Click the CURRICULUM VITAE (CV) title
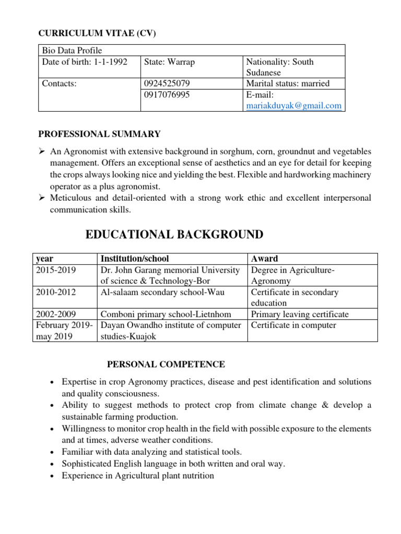tap(98, 33)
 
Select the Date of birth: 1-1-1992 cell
tap(84, 62)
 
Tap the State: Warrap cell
tap(169, 62)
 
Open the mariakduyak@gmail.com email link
tap(293, 105)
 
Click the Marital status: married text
tap(288, 83)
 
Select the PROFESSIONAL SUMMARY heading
tap(100, 134)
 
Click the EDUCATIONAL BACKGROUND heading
tap(174, 235)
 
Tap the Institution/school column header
tap(135, 259)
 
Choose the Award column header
tap(265, 259)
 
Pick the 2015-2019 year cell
tap(56, 270)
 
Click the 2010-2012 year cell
tap(56, 293)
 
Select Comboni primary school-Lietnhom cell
tap(166, 314)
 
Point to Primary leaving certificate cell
tap(300, 314)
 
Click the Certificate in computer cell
tap(293, 325)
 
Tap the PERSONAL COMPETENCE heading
tap(166, 365)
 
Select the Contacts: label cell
tap(59, 83)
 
